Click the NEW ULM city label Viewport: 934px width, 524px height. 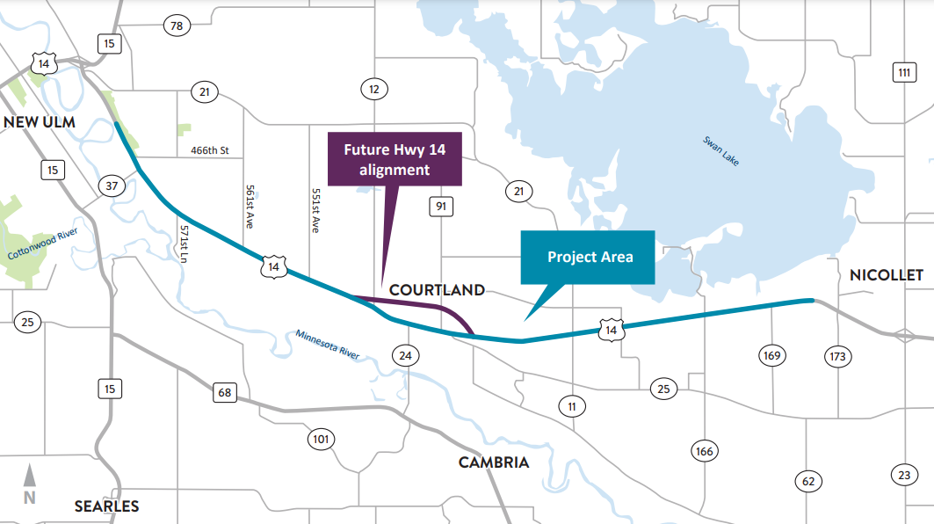click(x=39, y=121)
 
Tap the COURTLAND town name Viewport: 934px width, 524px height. click(x=437, y=289)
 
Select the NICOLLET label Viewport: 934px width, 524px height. click(x=887, y=275)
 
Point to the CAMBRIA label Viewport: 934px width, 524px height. click(x=494, y=462)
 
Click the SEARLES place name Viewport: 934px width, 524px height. click(x=106, y=506)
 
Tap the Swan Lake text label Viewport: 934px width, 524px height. click(x=720, y=153)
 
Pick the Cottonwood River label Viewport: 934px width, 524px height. click(x=43, y=243)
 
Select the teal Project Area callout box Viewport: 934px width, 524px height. click(x=589, y=257)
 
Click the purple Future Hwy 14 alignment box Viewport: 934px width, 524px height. click(x=395, y=159)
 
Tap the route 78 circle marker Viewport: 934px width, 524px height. click(x=177, y=26)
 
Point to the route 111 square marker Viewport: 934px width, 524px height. click(x=903, y=72)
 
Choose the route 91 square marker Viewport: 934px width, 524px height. click(x=440, y=207)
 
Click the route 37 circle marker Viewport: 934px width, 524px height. click(x=112, y=185)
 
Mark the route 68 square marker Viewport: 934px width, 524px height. click(x=225, y=392)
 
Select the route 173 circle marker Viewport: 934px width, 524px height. click(x=836, y=356)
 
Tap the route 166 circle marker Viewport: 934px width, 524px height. click(x=705, y=452)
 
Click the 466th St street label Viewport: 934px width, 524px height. click(x=209, y=151)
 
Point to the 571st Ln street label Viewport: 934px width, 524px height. click(x=185, y=244)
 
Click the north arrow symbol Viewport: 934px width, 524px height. click(x=29, y=484)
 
